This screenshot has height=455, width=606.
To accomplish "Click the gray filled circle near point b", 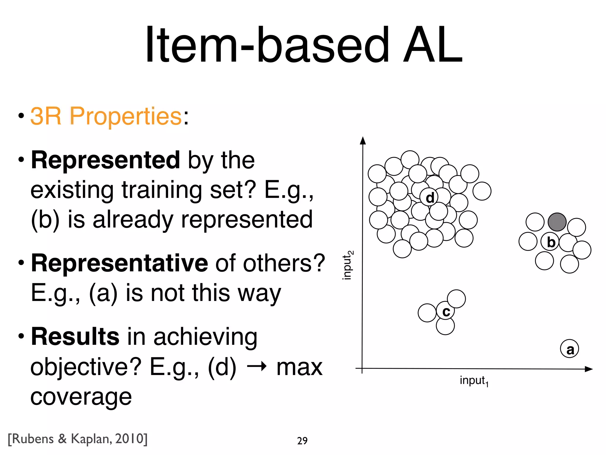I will (x=557, y=222).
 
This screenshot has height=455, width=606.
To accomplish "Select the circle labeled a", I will (x=569, y=349).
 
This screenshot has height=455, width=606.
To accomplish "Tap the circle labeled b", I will (x=550, y=242).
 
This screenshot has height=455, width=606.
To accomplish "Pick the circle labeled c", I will (x=446, y=311).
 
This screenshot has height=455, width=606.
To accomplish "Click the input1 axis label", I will (x=474, y=381).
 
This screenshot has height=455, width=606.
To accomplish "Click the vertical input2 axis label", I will (x=347, y=265).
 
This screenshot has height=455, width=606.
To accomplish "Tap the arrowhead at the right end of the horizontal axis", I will (x=589, y=369).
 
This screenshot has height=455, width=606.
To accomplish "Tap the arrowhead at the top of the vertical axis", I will (x=363, y=141).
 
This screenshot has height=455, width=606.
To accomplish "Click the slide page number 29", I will (x=302, y=441).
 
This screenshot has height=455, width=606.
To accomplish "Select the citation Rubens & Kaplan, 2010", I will (x=78, y=439).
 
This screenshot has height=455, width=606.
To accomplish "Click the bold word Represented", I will (x=105, y=160).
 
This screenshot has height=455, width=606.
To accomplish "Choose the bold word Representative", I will (x=119, y=263).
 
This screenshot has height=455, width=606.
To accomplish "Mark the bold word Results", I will (x=75, y=337).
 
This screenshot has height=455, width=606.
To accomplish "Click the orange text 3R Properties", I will (x=106, y=116).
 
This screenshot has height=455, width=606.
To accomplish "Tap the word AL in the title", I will (x=433, y=45).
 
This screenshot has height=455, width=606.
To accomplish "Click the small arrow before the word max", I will (x=257, y=367).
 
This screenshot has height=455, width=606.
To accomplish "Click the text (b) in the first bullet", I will (x=45, y=220).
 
